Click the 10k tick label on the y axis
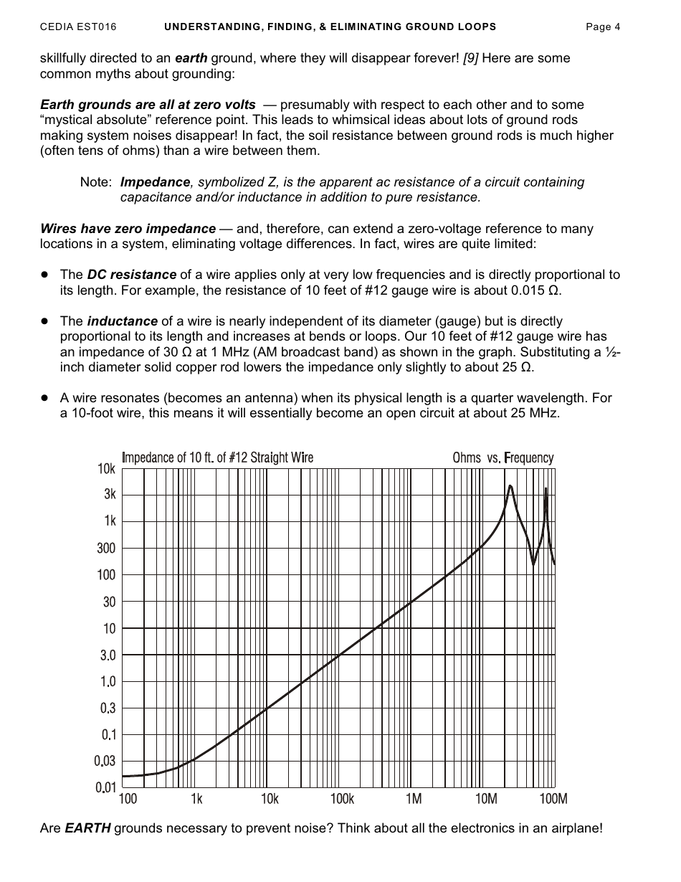point(106,469)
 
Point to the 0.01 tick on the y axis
point(105,787)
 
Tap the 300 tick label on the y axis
point(106,549)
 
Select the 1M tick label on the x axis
point(413,799)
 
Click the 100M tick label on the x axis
point(553,799)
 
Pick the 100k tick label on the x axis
point(342,799)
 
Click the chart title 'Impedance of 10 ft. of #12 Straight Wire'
point(217,457)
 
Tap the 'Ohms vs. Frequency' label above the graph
point(503,457)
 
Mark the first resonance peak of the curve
point(510,486)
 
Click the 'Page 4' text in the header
point(603,27)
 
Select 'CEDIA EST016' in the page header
point(78,27)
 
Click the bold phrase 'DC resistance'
point(132,275)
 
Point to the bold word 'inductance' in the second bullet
point(122,321)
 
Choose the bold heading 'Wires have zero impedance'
point(128,229)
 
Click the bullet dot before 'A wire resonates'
point(44,397)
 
